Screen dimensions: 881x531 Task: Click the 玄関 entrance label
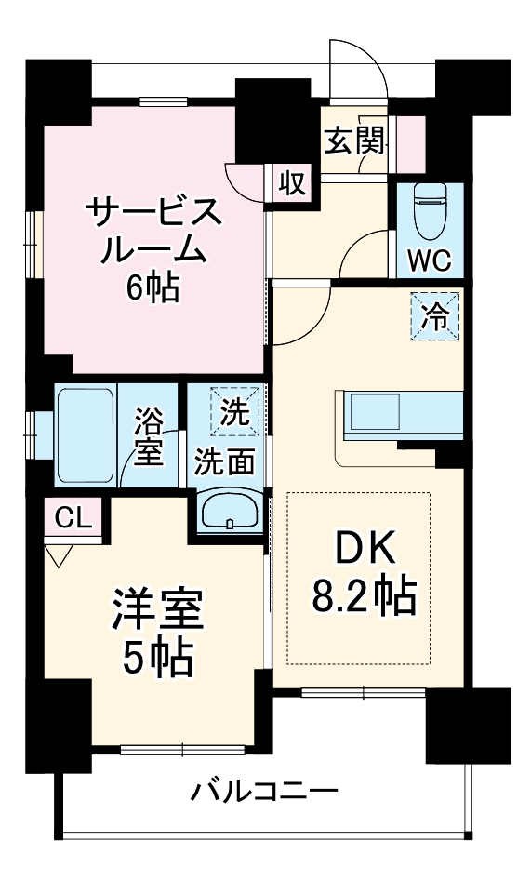353,140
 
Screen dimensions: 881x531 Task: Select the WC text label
429,260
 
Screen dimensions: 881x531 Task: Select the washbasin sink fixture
230,510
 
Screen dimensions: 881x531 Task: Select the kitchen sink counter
403,413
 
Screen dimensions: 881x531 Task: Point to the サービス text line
153,212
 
